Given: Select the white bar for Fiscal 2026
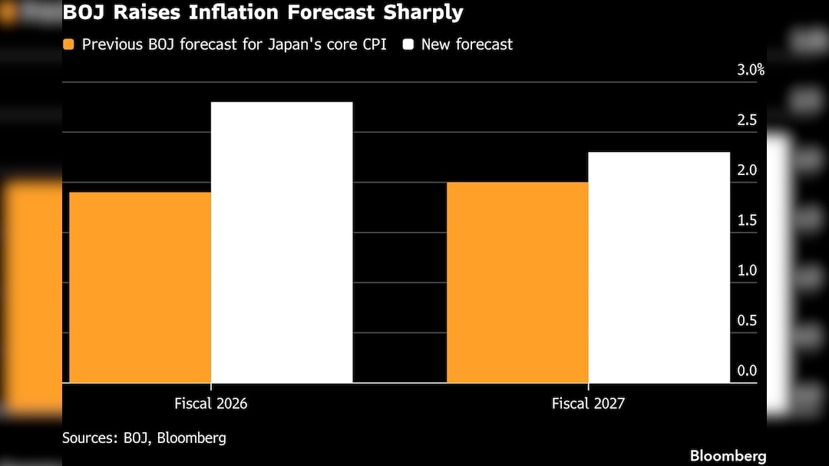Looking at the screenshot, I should (x=281, y=242).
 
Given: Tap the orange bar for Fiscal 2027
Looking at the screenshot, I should (x=517, y=282).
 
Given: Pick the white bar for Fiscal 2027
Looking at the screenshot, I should (x=659, y=266).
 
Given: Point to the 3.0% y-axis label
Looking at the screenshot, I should (x=751, y=70).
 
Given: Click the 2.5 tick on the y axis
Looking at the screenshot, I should (x=747, y=120).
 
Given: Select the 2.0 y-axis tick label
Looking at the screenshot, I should (x=747, y=170).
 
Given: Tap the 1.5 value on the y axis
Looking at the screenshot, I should (x=747, y=220).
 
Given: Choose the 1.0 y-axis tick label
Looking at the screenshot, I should (x=747, y=270).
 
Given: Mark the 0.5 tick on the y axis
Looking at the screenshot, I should (x=747, y=321).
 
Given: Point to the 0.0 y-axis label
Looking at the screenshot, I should (x=747, y=371).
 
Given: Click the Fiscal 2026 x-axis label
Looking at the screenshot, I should (x=210, y=403).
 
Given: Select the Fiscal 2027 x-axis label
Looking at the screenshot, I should (x=588, y=403).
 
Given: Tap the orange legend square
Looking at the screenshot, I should (x=69, y=45).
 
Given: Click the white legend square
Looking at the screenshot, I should (x=408, y=45).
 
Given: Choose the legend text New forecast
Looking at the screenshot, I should (x=467, y=45).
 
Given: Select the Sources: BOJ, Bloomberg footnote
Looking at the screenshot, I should (x=144, y=438).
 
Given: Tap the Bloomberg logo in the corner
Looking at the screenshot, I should (x=728, y=456).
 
